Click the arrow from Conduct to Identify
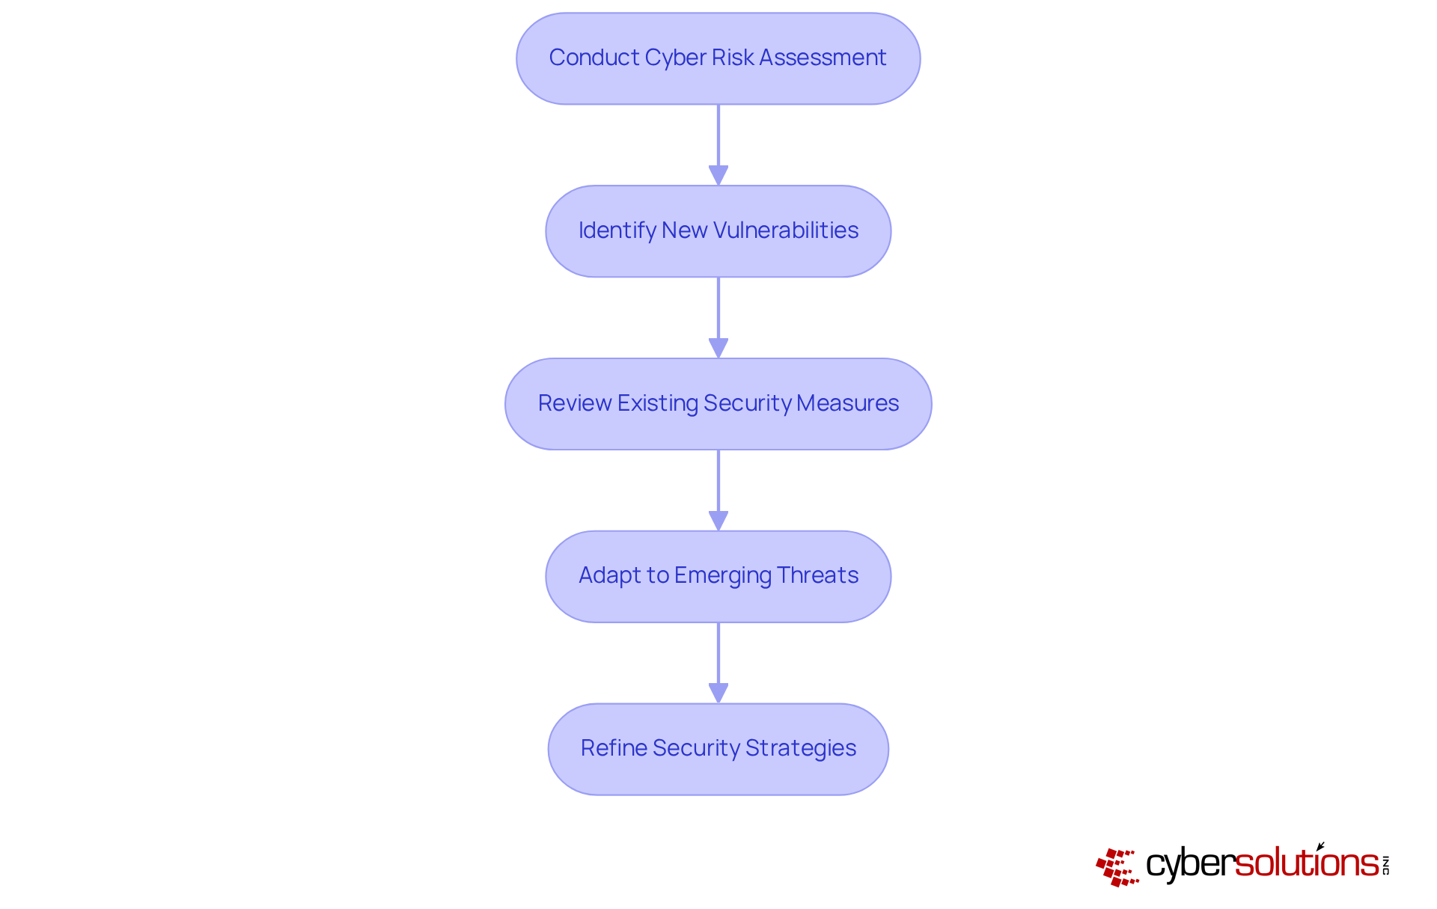[718, 142]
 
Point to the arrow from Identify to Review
[718, 315]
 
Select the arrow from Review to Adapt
[718, 488]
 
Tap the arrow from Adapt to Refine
[718, 661]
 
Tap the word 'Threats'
[817, 575]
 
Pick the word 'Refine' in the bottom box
[613, 748]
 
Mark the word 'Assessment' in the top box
[823, 58]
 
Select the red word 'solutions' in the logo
[1307, 863]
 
